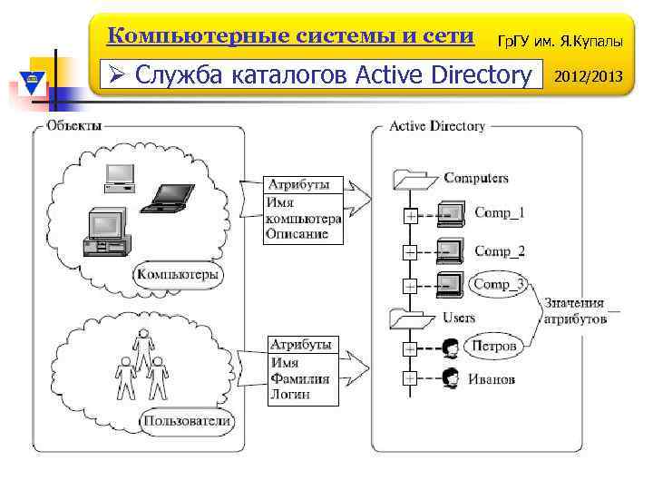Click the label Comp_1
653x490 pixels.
pos(499,213)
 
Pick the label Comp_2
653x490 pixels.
pos(499,250)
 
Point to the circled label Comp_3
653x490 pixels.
pos(499,284)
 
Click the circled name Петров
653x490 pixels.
pos(494,346)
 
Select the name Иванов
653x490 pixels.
pos(492,378)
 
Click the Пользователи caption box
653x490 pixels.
pos(188,420)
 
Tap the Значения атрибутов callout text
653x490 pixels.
pos(575,311)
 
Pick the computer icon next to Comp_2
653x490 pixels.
pos(449,250)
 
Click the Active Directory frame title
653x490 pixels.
pos(437,126)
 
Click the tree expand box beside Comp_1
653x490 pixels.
pos(410,217)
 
